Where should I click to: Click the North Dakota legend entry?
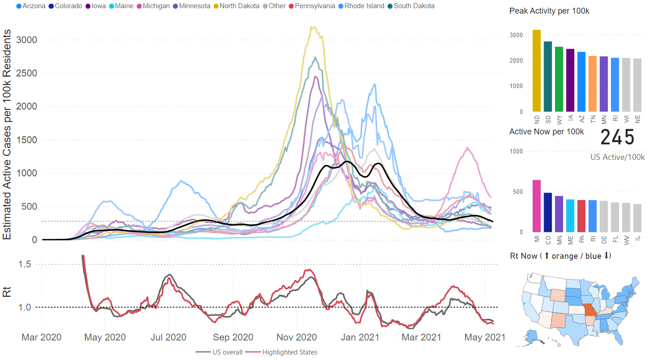[238, 6]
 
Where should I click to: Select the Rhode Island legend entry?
[363, 6]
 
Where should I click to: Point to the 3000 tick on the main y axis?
[26, 40]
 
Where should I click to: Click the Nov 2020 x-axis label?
[296, 338]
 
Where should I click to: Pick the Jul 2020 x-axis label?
[168, 338]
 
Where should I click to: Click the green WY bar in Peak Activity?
[559, 79]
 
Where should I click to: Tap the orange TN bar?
[593, 84]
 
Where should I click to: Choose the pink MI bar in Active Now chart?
[537, 206]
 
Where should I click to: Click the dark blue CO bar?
[548, 212]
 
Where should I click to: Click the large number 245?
[617, 137]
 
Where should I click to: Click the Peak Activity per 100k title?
[549, 11]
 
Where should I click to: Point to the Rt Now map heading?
[560, 256]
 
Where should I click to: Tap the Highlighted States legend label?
[290, 352]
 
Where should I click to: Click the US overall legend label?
[227, 352]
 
